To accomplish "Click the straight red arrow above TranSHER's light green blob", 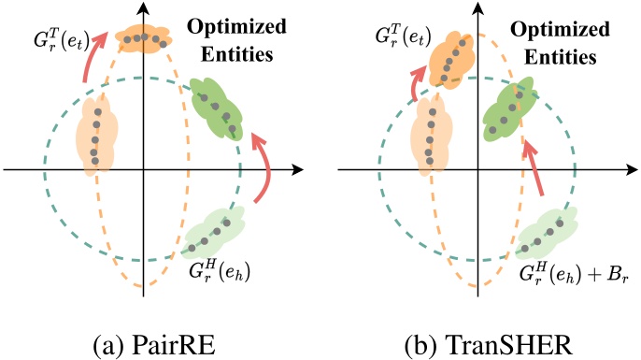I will (536, 169).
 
